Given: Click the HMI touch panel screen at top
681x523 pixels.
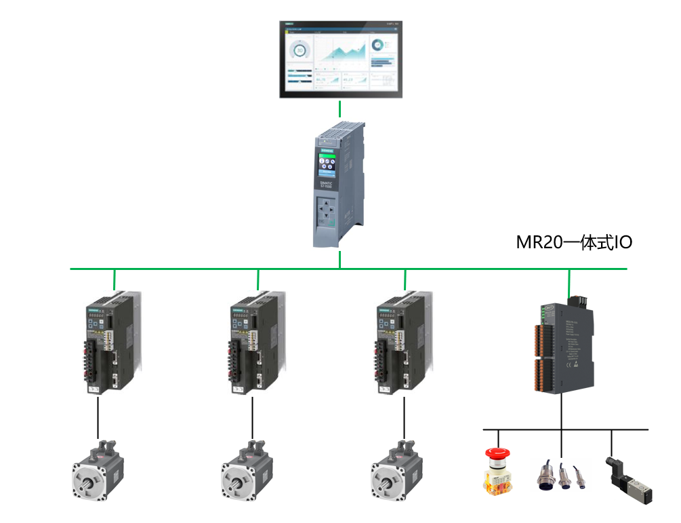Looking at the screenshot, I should pyautogui.click(x=340, y=59).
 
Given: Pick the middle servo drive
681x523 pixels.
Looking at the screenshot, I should pyautogui.click(x=255, y=343).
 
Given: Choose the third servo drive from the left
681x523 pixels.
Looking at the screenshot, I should pyautogui.click(x=403, y=343).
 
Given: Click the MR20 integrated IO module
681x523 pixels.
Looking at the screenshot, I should pyautogui.click(x=563, y=346).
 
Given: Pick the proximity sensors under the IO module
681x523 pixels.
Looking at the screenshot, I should pyautogui.click(x=562, y=474).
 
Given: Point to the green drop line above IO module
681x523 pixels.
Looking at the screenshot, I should pyautogui.click(x=569, y=280).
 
